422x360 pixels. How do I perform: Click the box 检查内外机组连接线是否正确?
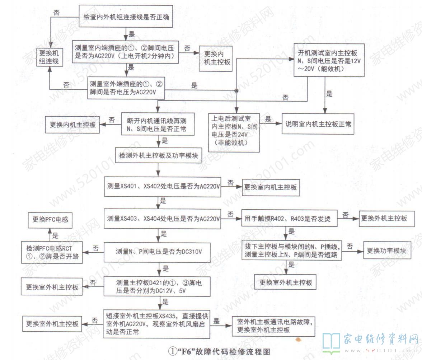(x=126, y=17)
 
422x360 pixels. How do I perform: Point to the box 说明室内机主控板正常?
(x=318, y=124)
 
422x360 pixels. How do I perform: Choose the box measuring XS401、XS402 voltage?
(x=163, y=186)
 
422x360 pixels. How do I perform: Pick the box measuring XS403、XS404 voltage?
(x=163, y=218)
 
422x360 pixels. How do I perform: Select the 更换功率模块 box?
(x=386, y=251)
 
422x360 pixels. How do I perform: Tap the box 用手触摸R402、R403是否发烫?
(x=290, y=218)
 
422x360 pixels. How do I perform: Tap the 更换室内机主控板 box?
(x=271, y=187)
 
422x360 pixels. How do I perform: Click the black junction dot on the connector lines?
(x=236, y=91)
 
